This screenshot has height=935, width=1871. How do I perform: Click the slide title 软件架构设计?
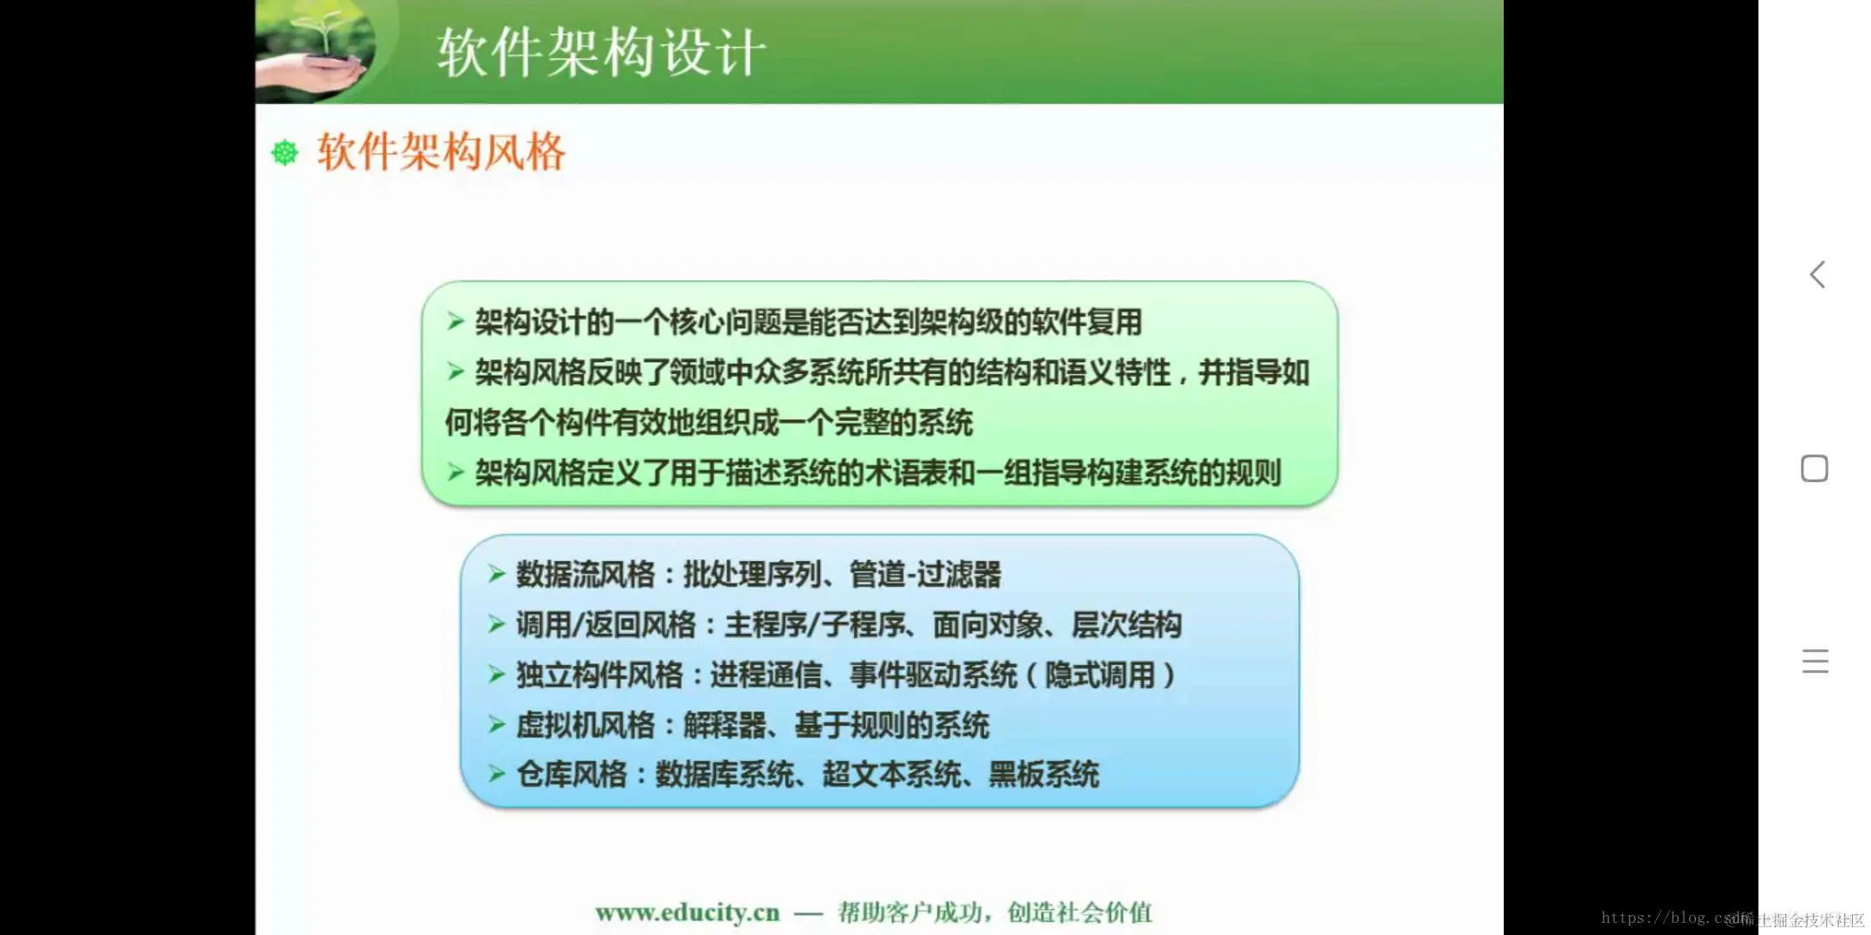pyautogui.click(x=601, y=52)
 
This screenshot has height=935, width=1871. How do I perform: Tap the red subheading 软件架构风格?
pyautogui.click(x=441, y=152)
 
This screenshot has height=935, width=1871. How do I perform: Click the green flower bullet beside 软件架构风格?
pyautogui.click(x=285, y=153)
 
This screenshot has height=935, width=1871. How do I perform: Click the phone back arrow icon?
pyautogui.click(x=1817, y=274)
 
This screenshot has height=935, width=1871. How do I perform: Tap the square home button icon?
pyautogui.click(x=1814, y=468)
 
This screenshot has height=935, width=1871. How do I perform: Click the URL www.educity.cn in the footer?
pyautogui.click(x=687, y=912)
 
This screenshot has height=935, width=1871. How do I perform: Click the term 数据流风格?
pyautogui.click(x=586, y=575)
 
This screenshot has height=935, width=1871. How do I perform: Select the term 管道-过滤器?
pyautogui.click(x=925, y=575)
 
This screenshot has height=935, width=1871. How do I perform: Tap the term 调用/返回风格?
pyautogui.click(x=605, y=625)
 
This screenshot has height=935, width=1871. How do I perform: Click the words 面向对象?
pyautogui.click(x=987, y=625)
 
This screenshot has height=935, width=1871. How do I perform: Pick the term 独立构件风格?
pyautogui.click(x=599, y=675)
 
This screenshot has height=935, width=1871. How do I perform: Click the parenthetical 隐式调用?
pyautogui.click(x=1100, y=675)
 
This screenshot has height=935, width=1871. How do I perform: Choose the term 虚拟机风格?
pyautogui.click(x=586, y=725)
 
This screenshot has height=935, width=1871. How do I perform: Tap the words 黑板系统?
pyautogui.click(x=1044, y=775)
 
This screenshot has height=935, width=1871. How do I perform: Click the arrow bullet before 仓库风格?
pyautogui.click(x=496, y=774)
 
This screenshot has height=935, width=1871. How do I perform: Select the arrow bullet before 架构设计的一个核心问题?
pyautogui.click(x=456, y=322)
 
